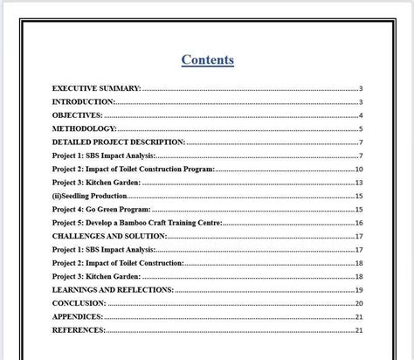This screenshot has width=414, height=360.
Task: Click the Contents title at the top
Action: point(207,59)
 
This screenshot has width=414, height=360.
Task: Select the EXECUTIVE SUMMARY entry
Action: point(96,88)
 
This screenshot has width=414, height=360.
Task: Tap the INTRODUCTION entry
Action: point(84,101)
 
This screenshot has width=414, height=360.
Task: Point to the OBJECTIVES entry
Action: point(78,115)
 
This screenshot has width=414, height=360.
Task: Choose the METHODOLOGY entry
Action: point(84,128)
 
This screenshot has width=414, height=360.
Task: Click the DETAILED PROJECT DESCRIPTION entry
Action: point(119,142)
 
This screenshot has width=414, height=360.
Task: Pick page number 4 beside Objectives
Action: point(360,115)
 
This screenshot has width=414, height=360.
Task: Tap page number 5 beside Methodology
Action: point(360,128)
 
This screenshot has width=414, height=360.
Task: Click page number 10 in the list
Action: point(358,169)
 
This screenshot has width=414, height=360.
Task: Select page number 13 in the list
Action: point(358,183)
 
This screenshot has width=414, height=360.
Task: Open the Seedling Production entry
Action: point(92,196)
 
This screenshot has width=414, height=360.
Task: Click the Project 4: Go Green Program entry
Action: point(101,210)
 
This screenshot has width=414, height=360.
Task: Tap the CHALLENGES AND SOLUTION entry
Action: point(109,236)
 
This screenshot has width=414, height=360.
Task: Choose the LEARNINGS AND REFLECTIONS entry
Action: point(113,289)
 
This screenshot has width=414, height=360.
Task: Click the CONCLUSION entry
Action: point(79,303)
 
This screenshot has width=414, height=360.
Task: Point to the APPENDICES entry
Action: point(78,316)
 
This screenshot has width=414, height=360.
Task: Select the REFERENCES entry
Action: point(79,330)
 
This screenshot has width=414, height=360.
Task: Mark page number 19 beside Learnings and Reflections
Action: point(358,289)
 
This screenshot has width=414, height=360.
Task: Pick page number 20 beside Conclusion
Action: point(358,303)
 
